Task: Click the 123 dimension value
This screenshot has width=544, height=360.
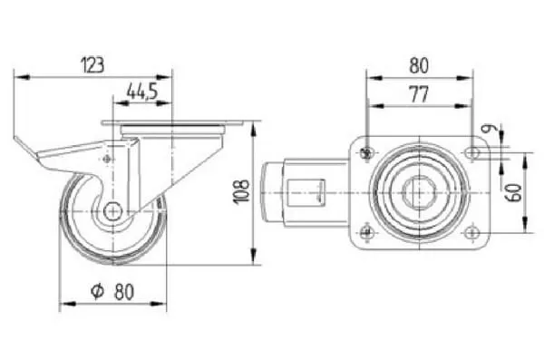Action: pos(92,65)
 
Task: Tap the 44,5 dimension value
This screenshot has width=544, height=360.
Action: pos(142,92)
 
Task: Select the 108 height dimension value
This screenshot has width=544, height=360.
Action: pos(241,192)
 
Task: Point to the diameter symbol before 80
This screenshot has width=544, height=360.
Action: pos(97,291)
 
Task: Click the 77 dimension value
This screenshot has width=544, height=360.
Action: pos(419,94)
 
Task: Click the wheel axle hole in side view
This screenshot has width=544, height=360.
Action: pos(112,210)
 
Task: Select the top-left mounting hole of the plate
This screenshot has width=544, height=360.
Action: pos(366,152)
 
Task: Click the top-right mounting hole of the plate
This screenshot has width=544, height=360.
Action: pos(472,152)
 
